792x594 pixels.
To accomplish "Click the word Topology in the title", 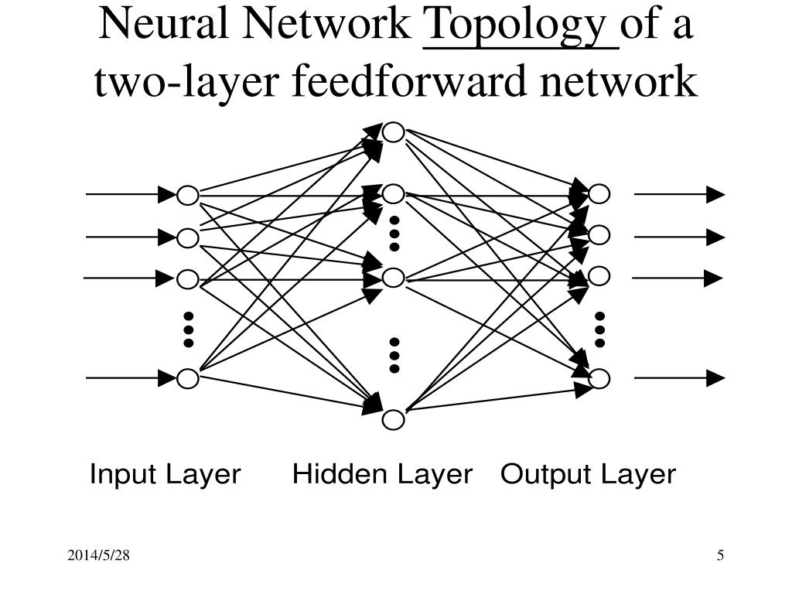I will click(x=521, y=26).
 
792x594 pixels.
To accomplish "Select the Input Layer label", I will click(x=165, y=474).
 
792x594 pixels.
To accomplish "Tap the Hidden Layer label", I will click(x=382, y=474).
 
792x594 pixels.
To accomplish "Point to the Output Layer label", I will click(x=588, y=474).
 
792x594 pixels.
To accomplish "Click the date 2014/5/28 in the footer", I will click(x=97, y=555).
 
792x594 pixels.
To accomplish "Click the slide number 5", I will click(x=720, y=555).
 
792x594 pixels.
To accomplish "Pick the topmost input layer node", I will click(x=188, y=196).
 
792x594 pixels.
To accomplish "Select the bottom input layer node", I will click(x=188, y=378).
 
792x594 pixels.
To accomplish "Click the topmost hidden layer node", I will click(x=394, y=133).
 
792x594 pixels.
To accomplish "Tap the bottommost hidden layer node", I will click(x=394, y=420).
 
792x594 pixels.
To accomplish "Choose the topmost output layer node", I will click(x=599, y=194).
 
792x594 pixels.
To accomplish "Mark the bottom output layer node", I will click(x=599, y=378).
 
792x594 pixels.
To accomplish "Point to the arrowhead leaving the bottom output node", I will click(x=715, y=378).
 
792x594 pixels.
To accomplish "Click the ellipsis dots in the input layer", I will click(x=188, y=329).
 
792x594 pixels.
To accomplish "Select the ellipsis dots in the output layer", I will click(x=599, y=329).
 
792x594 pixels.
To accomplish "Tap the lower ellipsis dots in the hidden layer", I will click(x=394, y=355).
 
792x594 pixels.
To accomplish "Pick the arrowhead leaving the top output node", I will click(x=715, y=194).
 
